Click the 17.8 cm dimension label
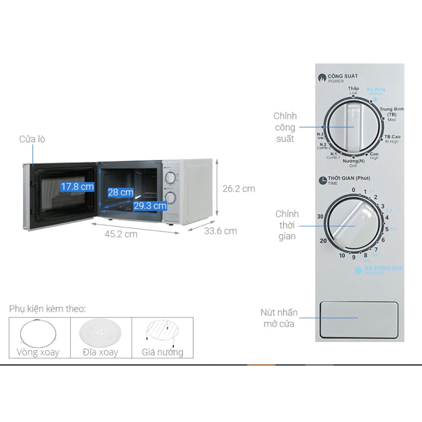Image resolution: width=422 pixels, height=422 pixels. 77,187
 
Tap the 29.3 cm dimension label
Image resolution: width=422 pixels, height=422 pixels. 150,205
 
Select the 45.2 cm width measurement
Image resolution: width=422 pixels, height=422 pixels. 121,234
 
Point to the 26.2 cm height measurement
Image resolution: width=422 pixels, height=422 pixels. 239,189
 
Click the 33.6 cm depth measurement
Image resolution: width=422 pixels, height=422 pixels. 220,231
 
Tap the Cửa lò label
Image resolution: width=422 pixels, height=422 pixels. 32,139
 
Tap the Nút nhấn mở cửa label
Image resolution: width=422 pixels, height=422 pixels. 279,318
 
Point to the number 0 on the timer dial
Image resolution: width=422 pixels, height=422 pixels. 353,190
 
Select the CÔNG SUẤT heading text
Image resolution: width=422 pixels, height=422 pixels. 342,76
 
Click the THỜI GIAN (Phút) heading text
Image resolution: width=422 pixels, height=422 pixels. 349,178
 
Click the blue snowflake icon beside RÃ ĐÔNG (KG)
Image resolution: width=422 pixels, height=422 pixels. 359,270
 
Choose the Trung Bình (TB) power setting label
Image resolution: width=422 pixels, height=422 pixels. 392,112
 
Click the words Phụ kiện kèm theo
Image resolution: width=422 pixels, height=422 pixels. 47,309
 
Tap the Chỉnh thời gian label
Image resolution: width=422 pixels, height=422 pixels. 287,225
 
